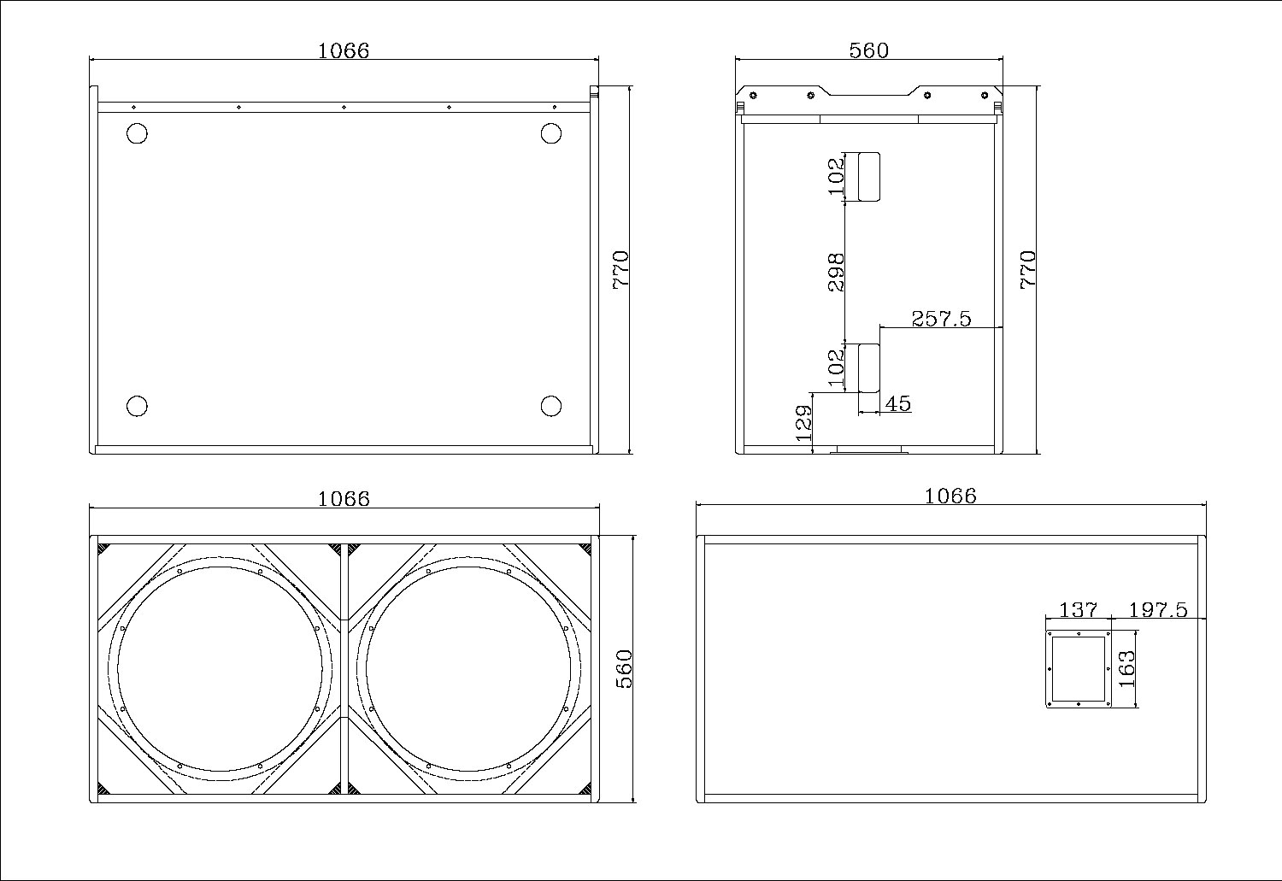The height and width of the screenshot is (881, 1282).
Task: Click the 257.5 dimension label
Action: click(x=941, y=319)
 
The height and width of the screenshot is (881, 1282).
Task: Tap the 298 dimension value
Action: click(x=836, y=273)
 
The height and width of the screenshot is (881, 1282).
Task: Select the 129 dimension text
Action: click(x=804, y=423)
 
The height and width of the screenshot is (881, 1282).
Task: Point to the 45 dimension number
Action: click(x=898, y=404)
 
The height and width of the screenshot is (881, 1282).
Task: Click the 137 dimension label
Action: click(x=1079, y=610)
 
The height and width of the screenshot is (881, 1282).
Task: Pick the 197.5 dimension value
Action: click(x=1158, y=610)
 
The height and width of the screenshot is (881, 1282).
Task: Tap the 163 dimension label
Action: click(x=1126, y=669)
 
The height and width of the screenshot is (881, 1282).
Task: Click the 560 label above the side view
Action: click(x=869, y=50)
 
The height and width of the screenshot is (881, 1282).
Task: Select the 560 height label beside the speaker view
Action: click(x=625, y=669)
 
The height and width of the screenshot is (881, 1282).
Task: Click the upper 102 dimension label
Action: click(x=836, y=176)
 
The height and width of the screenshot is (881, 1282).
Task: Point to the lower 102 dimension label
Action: click(x=836, y=367)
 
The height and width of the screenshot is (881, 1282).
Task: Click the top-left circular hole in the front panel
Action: click(x=137, y=133)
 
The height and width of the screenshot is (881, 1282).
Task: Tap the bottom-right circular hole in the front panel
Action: click(x=551, y=406)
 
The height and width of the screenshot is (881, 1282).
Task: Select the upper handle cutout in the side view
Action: click(x=869, y=177)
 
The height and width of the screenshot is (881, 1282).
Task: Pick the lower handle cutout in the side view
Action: click(x=869, y=367)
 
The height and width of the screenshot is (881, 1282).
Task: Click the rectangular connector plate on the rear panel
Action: click(x=1079, y=669)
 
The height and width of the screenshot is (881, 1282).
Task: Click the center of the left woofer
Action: click(x=221, y=669)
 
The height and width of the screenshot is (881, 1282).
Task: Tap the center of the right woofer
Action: click(x=468, y=669)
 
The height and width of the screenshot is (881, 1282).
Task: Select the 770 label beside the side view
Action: click(x=1028, y=269)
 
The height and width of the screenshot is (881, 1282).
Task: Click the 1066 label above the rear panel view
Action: click(x=950, y=496)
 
